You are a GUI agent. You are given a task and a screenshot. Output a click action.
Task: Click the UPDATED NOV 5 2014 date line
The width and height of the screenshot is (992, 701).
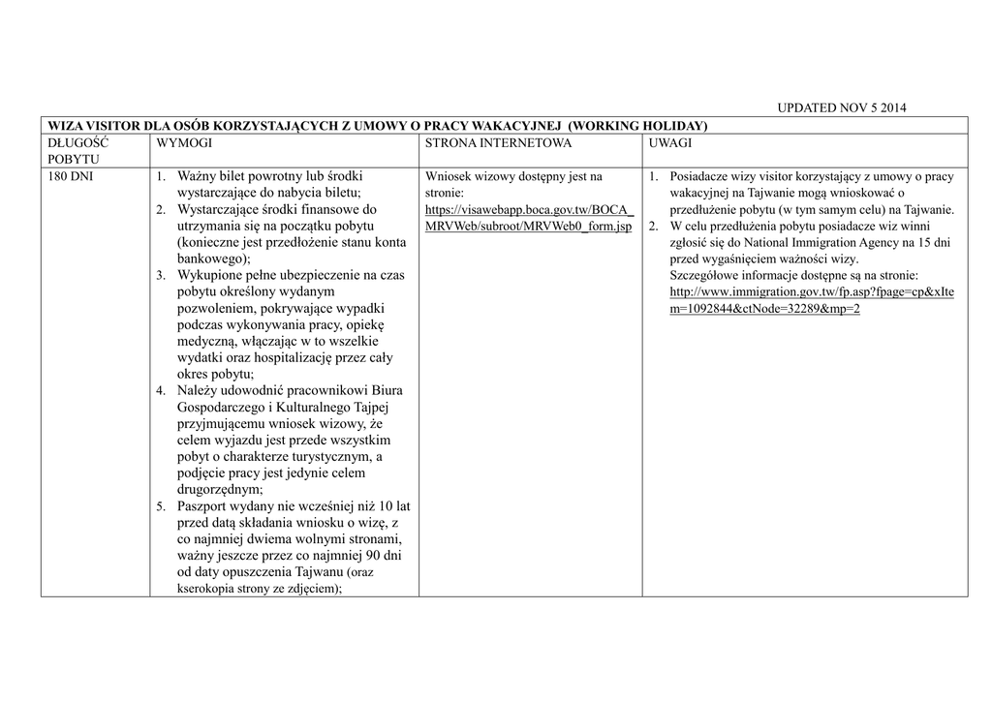842,107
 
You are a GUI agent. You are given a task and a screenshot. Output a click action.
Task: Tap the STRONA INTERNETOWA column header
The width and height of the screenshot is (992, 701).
498,142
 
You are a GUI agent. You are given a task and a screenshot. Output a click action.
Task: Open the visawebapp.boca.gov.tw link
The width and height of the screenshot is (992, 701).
529,218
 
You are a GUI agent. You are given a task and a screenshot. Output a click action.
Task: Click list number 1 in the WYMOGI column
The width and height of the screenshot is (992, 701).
161,177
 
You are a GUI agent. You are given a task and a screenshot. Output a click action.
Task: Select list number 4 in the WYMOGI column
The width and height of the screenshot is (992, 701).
161,391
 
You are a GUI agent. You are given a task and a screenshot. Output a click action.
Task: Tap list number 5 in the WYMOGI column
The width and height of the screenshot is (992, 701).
161,506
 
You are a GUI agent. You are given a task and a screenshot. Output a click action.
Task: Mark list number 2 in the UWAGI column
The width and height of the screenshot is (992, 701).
654,227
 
